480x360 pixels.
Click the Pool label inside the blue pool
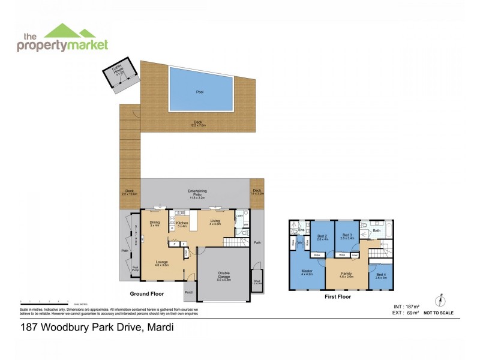pyautogui.click(x=200, y=92)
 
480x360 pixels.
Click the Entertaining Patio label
pyautogui.click(x=197, y=193)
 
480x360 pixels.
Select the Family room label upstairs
pyautogui.click(x=346, y=275)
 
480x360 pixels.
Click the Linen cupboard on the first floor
pyautogui.click(x=355, y=254)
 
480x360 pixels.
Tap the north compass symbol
pyautogui.click(x=440, y=302)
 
